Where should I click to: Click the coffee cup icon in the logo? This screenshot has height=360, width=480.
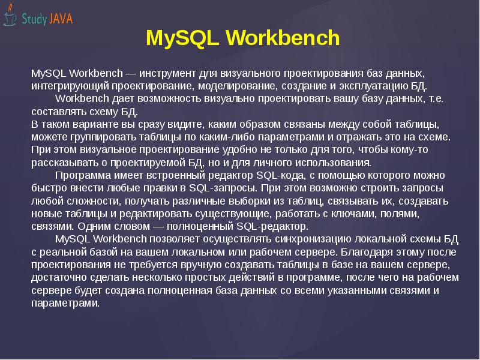pyautogui.click(x=10, y=18)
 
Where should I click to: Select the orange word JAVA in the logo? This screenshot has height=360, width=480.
pyautogui.click(x=62, y=19)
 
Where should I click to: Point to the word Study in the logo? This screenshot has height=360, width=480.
pyautogui.click(x=35, y=19)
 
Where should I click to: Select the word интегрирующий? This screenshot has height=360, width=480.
pyautogui.click(x=65, y=86)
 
